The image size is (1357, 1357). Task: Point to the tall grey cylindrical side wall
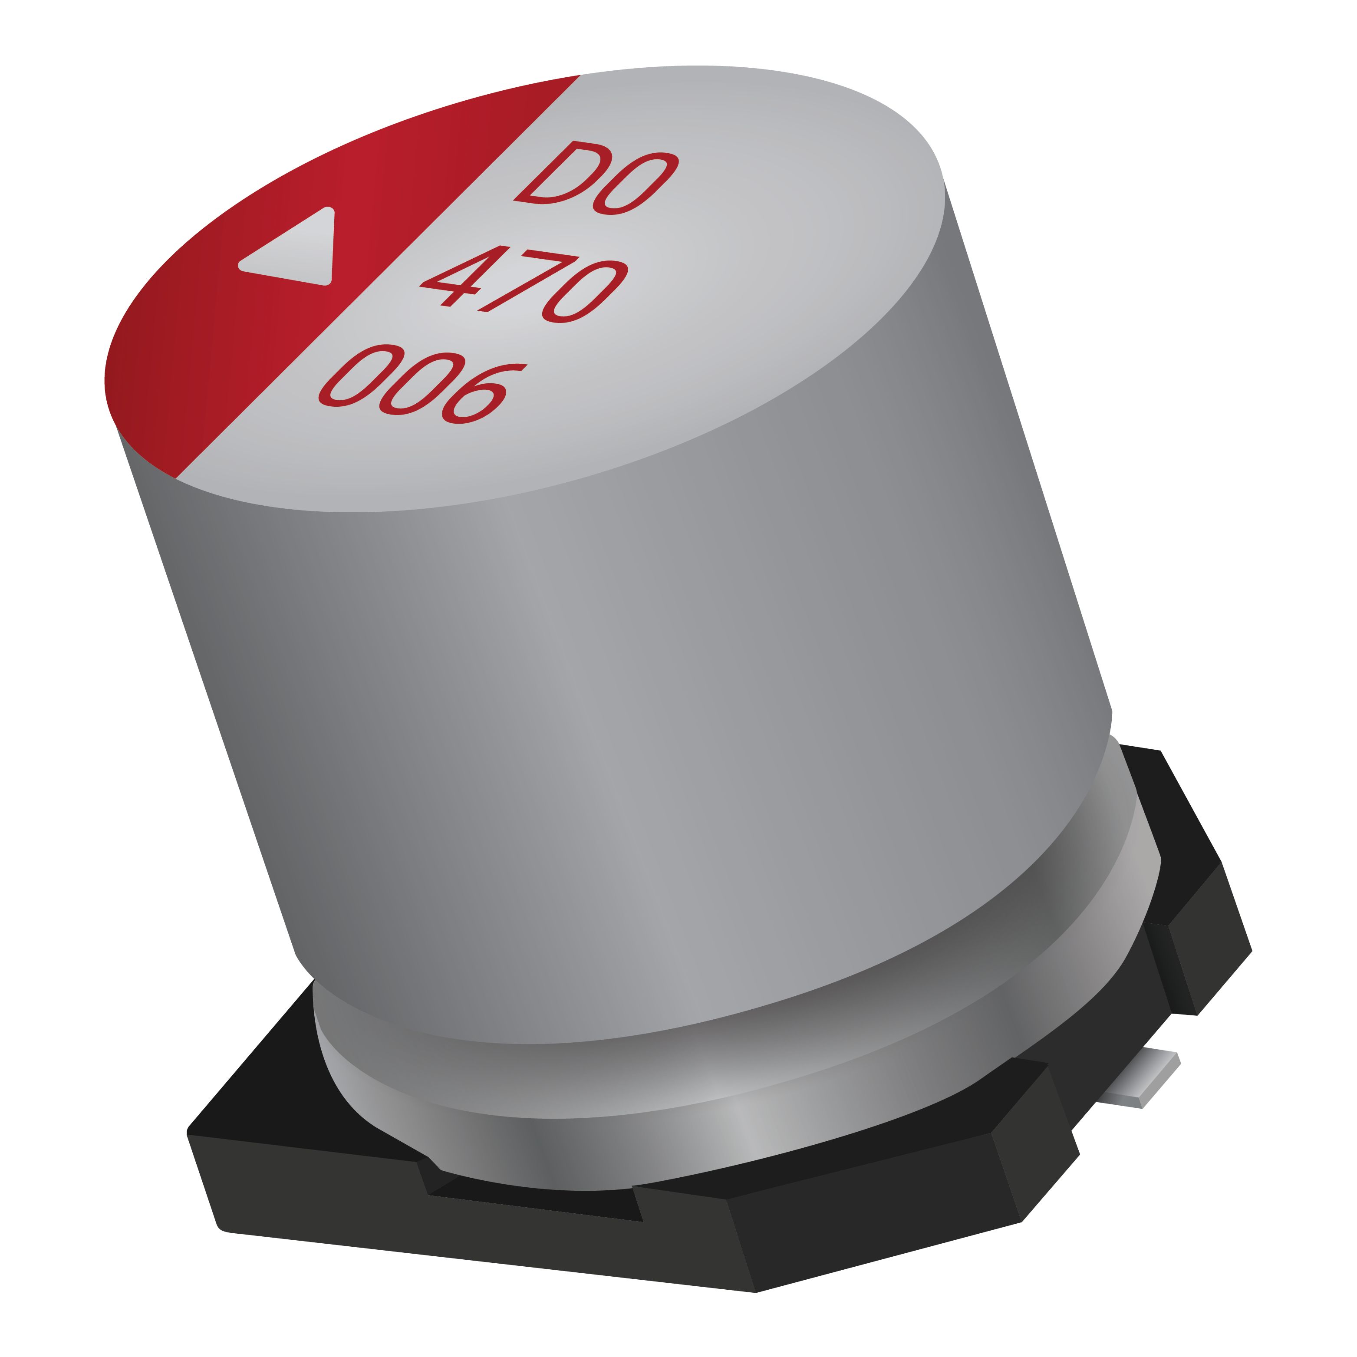coord(632,702)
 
